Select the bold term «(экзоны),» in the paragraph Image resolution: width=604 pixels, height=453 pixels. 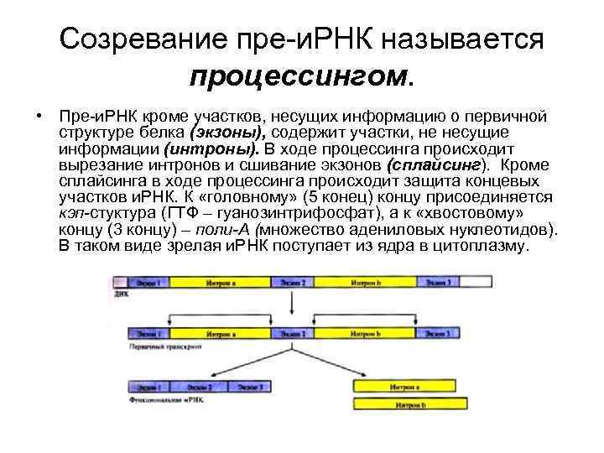(228, 133)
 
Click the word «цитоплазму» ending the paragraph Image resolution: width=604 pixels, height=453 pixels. (484, 246)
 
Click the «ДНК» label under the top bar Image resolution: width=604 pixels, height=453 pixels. (117, 296)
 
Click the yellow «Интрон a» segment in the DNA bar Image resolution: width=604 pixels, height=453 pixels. (220, 284)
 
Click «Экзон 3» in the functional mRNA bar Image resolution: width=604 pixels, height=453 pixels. (249, 388)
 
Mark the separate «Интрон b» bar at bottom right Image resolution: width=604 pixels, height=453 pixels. (413, 405)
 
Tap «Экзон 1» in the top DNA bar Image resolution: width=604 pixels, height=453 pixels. (145, 284)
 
